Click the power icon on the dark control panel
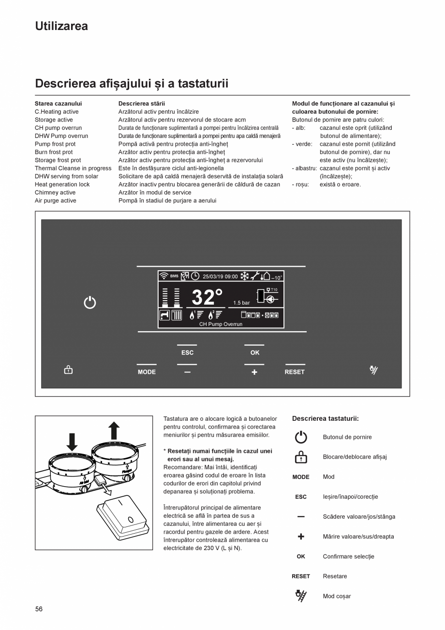(x=90, y=303)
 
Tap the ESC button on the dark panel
(x=187, y=353)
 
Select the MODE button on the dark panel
(x=147, y=372)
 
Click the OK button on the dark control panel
(x=255, y=353)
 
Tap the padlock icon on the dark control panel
(x=68, y=370)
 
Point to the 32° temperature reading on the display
(x=207, y=297)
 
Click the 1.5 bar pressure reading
(x=241, y=303)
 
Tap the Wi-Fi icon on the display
(x=164, y=276)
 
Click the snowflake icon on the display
(x=245, y=276)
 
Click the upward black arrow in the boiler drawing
(x=114, y=430)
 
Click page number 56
(x=39, y=609)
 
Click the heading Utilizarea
(x=61, y=26)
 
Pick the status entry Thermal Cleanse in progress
(x=73, y=168)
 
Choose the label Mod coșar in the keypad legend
(x=337, y=596)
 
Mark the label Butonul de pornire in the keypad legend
(x=347, y=437)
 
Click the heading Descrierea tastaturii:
(x=325, y=418)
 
